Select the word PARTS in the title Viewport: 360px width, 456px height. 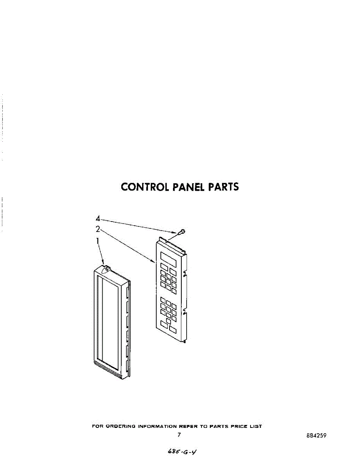(x=224, y=187)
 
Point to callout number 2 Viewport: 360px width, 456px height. (x=98, y=229)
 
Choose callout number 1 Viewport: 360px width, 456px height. (x=98, y=241)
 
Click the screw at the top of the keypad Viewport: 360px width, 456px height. (x=182, y=231)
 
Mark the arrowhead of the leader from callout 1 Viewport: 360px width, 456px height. (x=103, y=263)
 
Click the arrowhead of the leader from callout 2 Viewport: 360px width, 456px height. (x=154, y=262)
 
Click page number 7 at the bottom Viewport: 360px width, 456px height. (x=179, y=435)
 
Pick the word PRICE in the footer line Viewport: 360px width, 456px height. (x=238, y=426)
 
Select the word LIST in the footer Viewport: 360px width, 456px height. (x=256, y=426)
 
